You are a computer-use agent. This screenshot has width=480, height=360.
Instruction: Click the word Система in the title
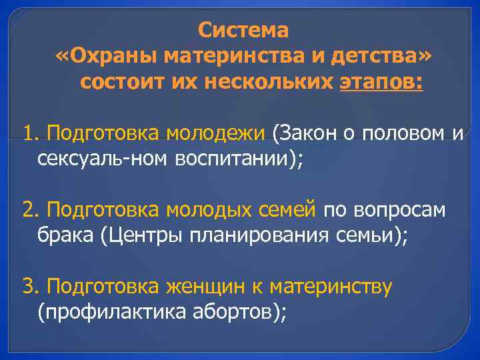(243, 31)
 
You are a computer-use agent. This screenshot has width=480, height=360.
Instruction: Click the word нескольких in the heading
(272, 83)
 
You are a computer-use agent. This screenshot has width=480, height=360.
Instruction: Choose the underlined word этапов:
(381, 83)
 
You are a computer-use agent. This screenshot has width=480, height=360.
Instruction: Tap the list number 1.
(29, 133)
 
